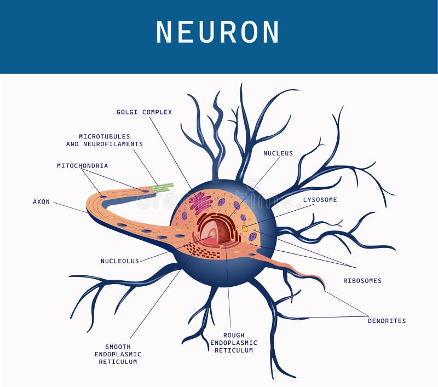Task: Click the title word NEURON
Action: coord(218,32)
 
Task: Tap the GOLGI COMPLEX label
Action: coord(144,112)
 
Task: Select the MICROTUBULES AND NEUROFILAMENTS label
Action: coord(105,140)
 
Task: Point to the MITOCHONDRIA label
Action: coord(83,166)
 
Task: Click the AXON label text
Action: coord(42,202)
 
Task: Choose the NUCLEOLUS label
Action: coord(120,261)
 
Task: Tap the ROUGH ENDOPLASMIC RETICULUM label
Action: coord(234,343)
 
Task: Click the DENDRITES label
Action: coord(387,321)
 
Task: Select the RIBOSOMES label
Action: coord(362,281)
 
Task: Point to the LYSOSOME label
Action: coord(320,200)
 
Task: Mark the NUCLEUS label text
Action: coord(278,154)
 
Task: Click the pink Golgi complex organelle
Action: coord(200,203)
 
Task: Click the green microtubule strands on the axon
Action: coord(162,188)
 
